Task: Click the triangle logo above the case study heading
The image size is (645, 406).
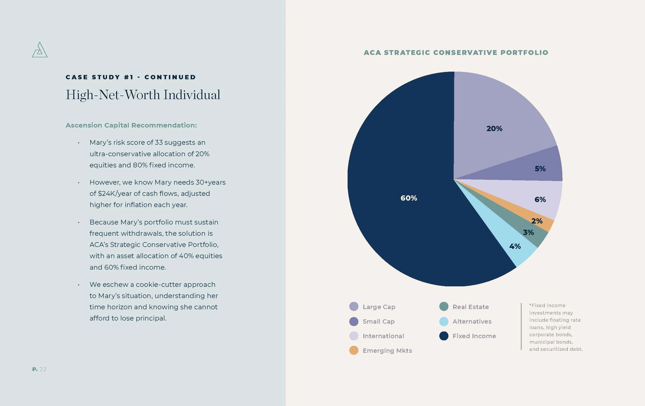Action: coord(40,50)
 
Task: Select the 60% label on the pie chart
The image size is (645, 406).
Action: coord(408,198)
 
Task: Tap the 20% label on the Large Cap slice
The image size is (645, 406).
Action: coord(494,129)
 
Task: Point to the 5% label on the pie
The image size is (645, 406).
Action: coord(540,169)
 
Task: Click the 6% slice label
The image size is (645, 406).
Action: coord(540,200)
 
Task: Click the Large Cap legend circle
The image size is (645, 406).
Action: coord(354,307)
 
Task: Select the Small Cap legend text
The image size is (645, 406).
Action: coord(378,321)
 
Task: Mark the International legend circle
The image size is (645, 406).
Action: coord(354,336)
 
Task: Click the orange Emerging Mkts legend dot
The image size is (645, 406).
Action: coord(354,350)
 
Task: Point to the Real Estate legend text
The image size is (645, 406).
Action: coord(471,307)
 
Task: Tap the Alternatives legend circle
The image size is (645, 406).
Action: coord(444,321)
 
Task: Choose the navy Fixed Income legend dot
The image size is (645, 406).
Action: coord(444,336)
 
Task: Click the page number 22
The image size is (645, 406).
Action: coord(43,369)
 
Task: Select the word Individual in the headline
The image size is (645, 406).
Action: coord(192,95)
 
